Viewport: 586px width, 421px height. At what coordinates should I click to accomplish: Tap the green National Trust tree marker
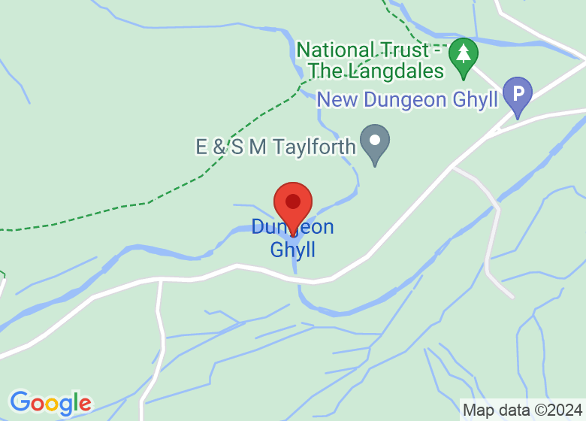click(x=464, y=56)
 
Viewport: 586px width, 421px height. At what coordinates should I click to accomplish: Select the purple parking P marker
click(x=517, y=95)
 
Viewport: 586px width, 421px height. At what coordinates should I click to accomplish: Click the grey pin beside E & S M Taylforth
click(x=374, y=142)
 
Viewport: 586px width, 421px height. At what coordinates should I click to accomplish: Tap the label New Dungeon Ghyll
click(x=407, y=99)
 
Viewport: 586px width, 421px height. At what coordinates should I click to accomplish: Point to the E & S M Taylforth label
click(x=275, y=147)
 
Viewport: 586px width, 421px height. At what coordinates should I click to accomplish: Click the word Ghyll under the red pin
click(x=293, y=250)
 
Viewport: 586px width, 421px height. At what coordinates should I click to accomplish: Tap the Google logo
click(x=50, y=403)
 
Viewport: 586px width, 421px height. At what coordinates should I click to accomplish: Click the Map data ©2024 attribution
click(x=521, y=410)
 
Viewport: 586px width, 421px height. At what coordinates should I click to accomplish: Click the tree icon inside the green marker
click(x=464, y=53)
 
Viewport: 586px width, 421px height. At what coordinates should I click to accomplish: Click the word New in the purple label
click(x=337, y=99)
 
